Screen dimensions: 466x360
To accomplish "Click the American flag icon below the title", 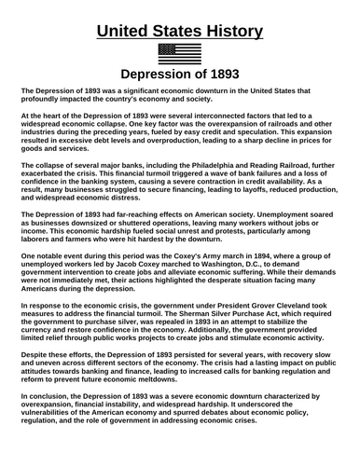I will (180, 54).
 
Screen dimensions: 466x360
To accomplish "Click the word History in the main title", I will (223, 31).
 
